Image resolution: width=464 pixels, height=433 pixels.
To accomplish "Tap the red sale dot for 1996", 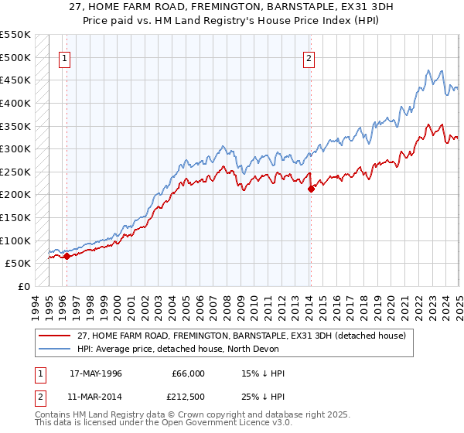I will pyautogui.click(x=67, y=256).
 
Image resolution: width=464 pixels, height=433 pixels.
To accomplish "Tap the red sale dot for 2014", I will pyautogui.click(x=310, y=188).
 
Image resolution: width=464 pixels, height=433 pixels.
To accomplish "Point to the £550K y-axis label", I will pyautogui.click(x=16, y=35).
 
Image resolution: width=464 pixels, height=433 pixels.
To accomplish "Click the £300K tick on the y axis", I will pyautogui.click(x=16, y=148).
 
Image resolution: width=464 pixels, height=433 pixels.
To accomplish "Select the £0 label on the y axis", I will pyautogui.click(x=24, y=286).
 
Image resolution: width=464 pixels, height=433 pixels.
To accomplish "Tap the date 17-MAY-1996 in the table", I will pyautogui.click(x=95, y=373).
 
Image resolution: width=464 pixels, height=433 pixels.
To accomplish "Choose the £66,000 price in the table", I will pyautogui.click(x=188, y=373).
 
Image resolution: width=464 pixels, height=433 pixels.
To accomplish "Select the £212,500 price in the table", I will pyautogui.click(x=188, y=395).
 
